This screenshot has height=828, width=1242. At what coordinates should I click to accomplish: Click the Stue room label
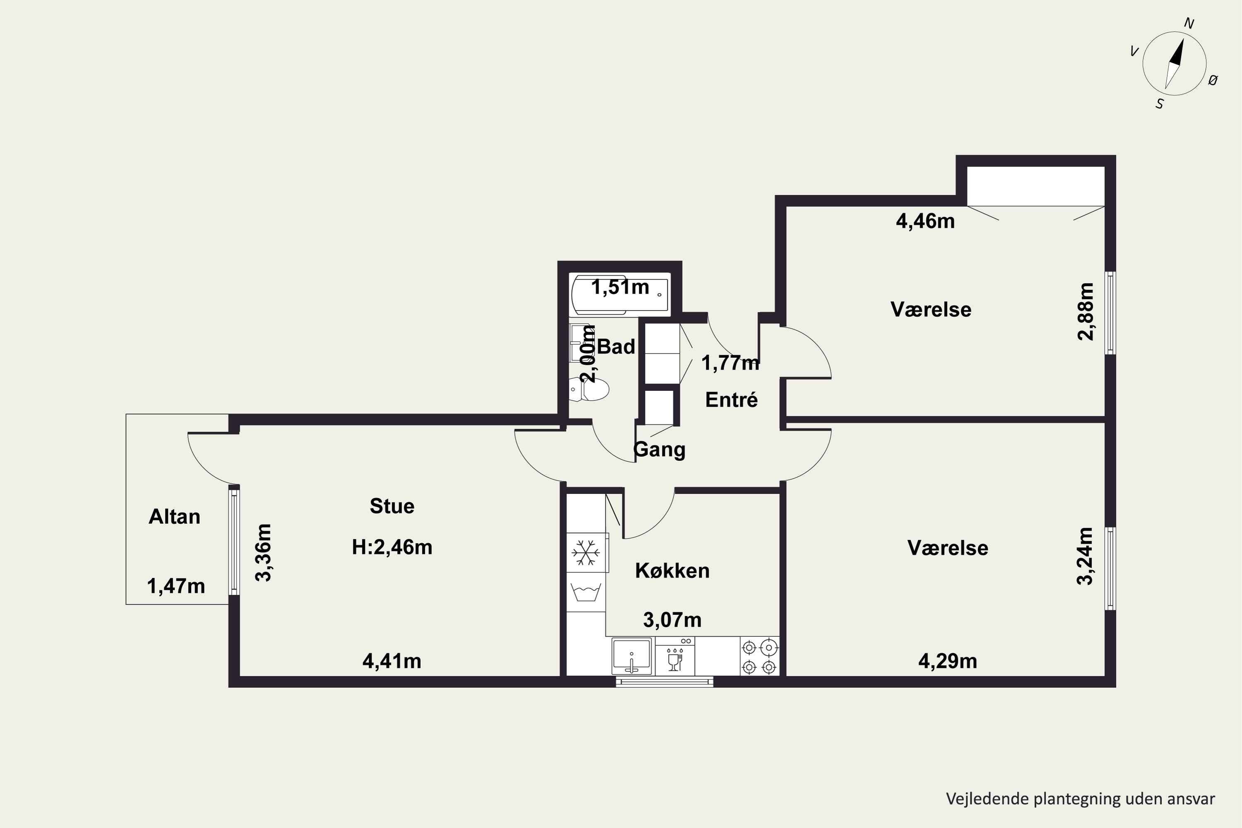point(392,506)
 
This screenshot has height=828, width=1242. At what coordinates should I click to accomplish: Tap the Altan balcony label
point(174,516)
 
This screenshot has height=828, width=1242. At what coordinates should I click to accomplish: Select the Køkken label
point(672,570)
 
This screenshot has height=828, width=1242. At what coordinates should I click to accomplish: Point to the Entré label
point(732,400)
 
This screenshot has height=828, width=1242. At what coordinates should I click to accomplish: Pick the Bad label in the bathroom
point(616,347)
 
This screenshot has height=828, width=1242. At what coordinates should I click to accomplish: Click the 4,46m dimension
point(925,221)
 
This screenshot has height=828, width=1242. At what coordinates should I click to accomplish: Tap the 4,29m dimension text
point(948,661)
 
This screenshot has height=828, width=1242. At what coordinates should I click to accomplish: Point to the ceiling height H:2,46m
point(392,547)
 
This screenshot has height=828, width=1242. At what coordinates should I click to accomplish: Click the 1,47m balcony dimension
point(176,586)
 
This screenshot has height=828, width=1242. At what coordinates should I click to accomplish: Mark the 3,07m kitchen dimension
point(672,619)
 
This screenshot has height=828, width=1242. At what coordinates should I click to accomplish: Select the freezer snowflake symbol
point(586,552)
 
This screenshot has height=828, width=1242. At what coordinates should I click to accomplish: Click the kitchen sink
point(632,656)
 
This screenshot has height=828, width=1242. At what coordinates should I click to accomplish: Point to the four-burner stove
point(759,656)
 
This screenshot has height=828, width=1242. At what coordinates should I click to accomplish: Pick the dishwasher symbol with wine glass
point(675,656)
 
